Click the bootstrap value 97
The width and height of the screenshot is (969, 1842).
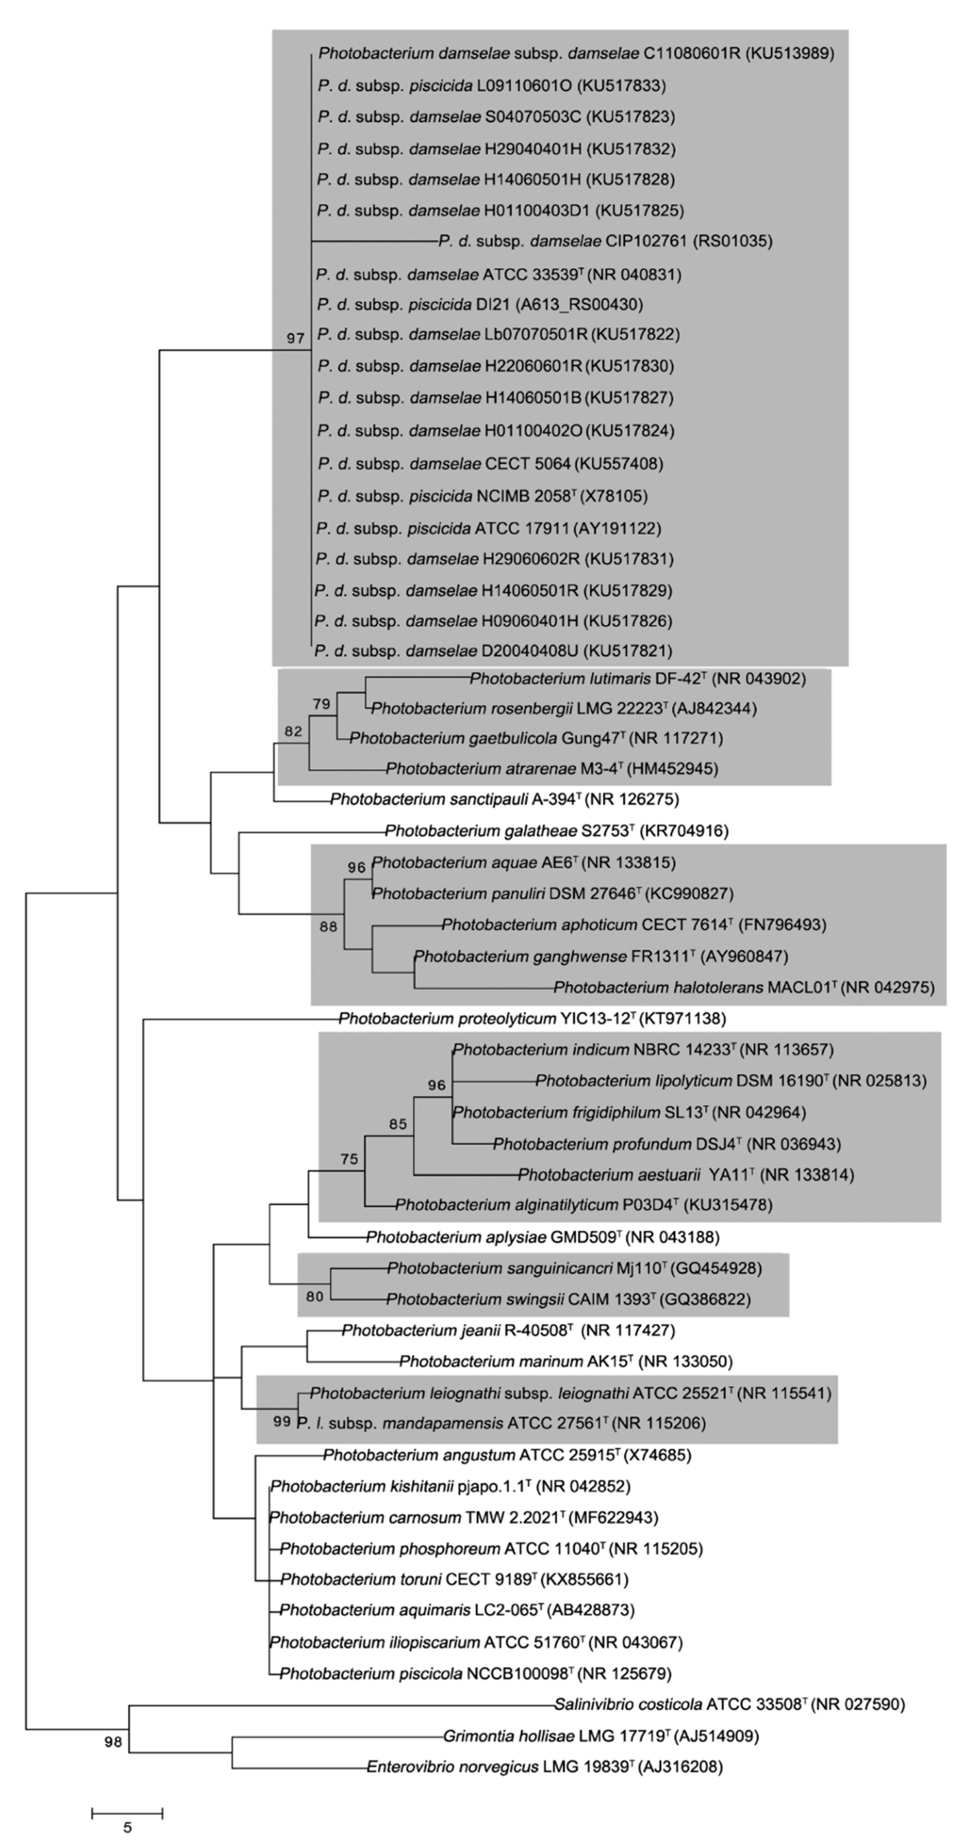[295, 338]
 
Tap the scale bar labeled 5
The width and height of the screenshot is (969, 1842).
[127, 1813]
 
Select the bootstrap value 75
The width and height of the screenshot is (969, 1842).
[349, 1159]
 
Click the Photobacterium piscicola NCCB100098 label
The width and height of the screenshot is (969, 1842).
[475, 1673]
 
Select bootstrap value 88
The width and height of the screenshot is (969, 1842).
[327, 927]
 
